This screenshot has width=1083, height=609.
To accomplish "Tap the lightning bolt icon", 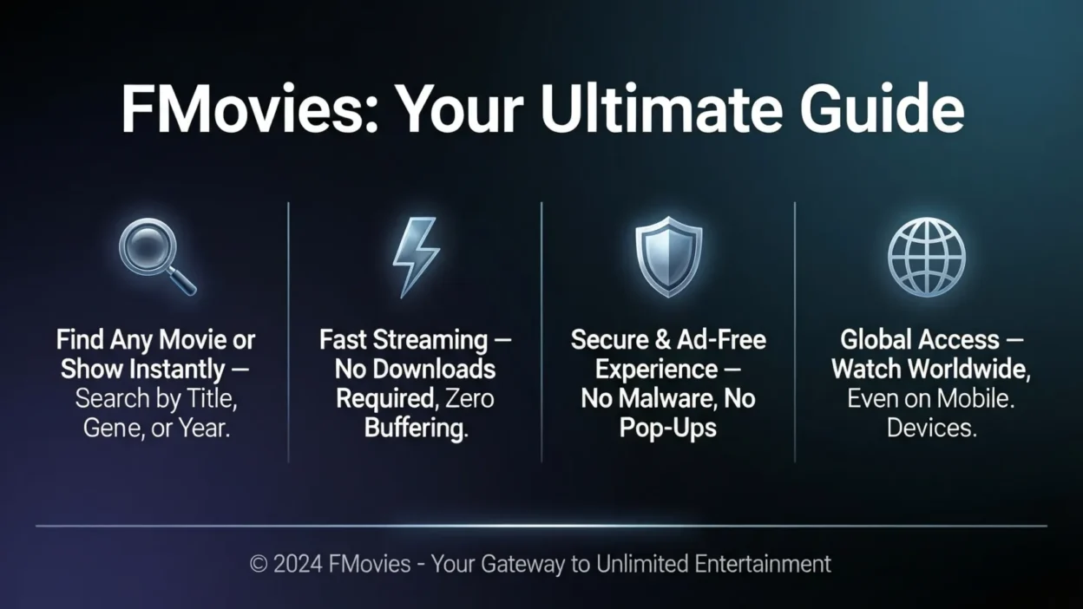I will [415, 257].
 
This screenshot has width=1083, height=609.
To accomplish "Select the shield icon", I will [668, 257].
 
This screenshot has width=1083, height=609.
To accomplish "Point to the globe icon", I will [926, 257].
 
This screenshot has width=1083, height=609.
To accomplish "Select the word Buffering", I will [416, 428].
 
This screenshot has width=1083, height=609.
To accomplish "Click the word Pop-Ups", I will [668, 428].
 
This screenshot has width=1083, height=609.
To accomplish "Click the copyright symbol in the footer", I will [258, 565].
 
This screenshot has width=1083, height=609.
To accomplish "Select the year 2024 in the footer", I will [299, 565].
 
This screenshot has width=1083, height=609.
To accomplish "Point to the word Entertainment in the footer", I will [763, 565].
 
